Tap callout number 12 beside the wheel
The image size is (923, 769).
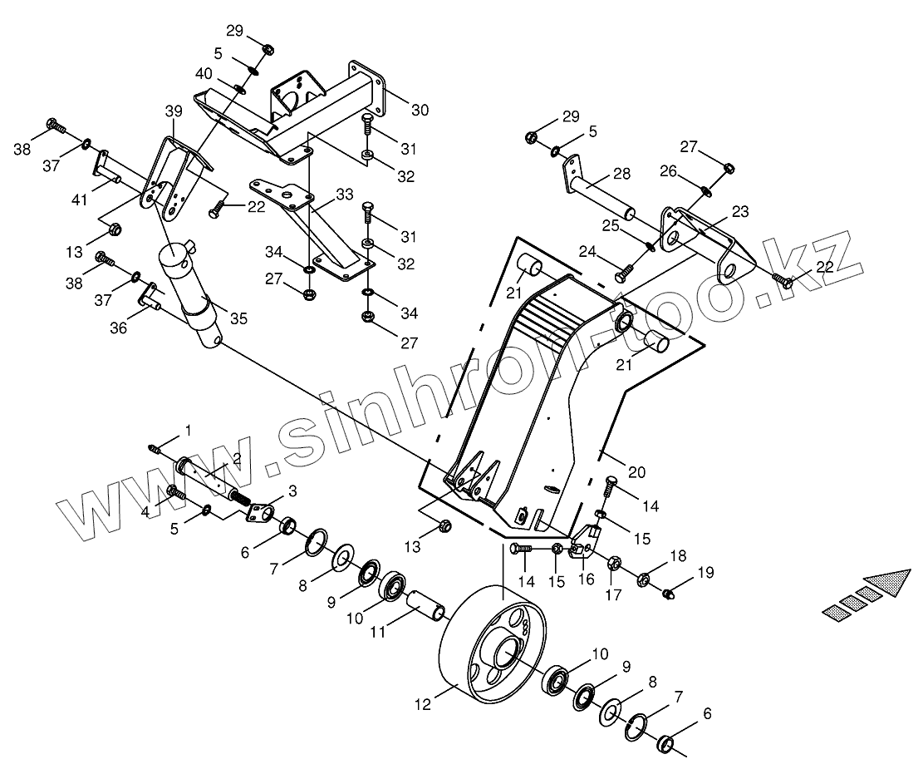click(422, 705)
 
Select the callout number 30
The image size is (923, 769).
click(420, 109)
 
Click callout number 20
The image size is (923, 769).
click(636, 472)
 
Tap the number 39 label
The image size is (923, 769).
click(173, 111)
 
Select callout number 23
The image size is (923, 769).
click(740, 211)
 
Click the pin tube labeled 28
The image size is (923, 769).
click(600, 196)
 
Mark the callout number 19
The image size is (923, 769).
click(705, 572)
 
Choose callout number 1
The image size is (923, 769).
click(188, 430)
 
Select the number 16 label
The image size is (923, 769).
click(587, 579)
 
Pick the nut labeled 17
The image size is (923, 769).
click(616, 563)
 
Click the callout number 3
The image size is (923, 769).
click(292, 490)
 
